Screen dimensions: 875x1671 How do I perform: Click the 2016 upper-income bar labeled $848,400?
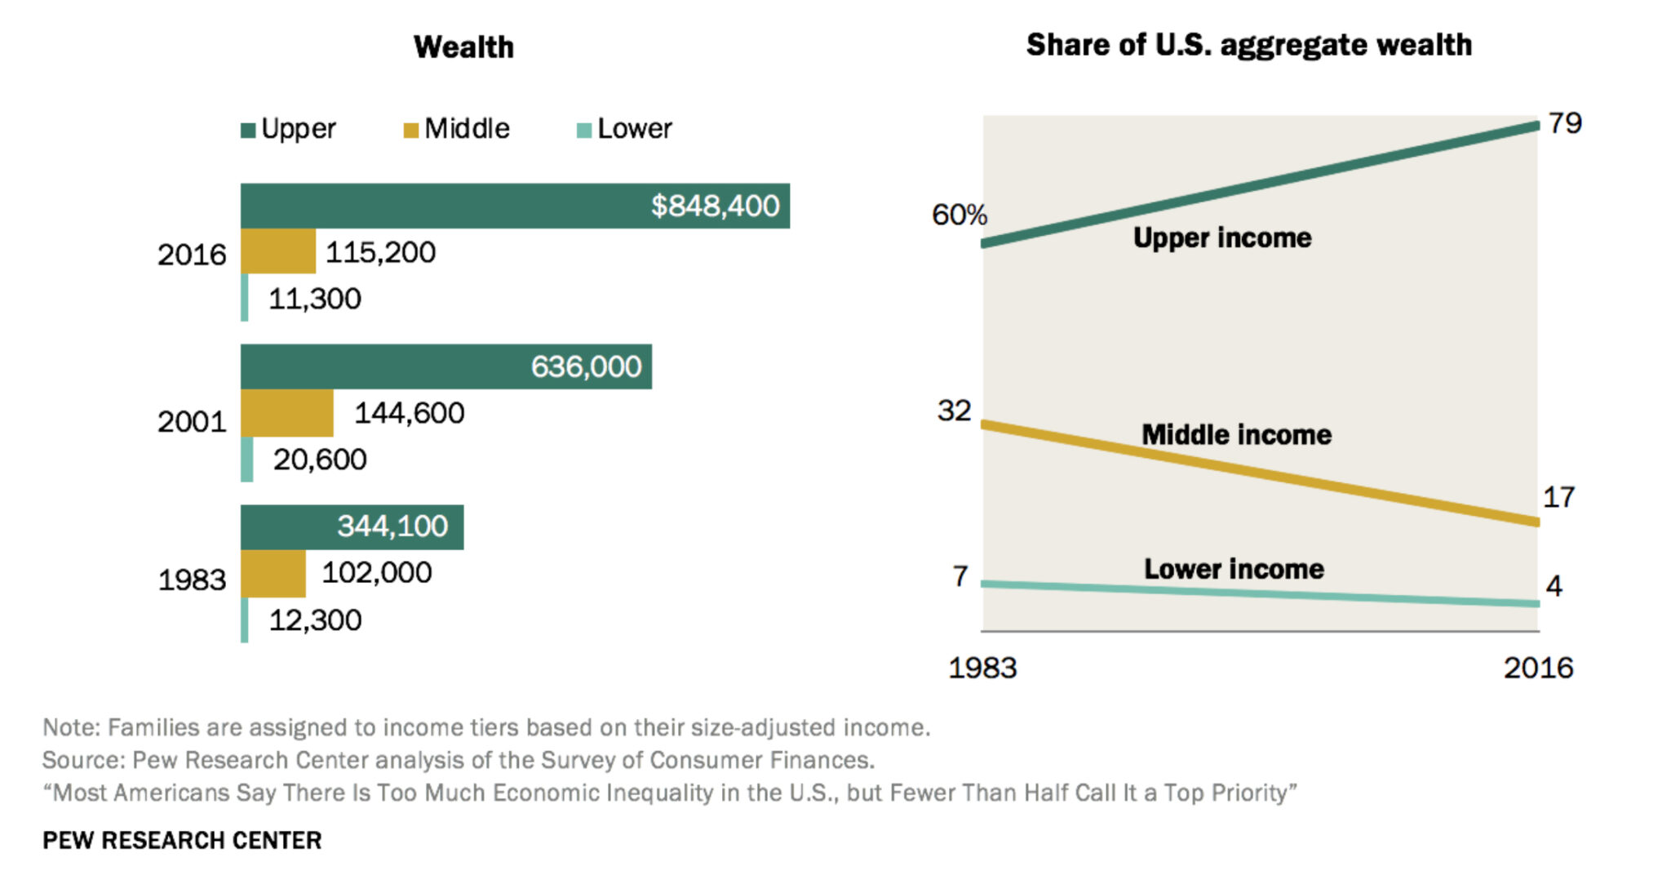[x=514, y=206]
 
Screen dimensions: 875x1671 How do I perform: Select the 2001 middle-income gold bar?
[x=286, y=413]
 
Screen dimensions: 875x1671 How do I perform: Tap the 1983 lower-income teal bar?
[x=245, y=620]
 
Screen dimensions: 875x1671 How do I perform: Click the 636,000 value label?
[x=586, y=366]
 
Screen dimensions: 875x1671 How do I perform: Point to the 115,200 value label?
[x=380, y=252]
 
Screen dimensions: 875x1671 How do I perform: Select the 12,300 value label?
[x=315, y=620]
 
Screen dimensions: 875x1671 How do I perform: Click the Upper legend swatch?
[x=248, y=130]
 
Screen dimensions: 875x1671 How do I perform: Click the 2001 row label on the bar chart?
[x=191, y=422]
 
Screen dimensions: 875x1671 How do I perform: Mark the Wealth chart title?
[x=463, y=47]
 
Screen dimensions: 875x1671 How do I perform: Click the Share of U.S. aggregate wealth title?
[x=1248, y=45]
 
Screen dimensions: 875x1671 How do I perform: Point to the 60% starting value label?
[x=959, y=215]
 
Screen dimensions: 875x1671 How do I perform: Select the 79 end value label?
[x=1565, y=123]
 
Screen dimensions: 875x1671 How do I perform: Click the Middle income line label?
[x=1236, y=435]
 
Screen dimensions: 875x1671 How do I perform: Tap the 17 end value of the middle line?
[x=1558, y=497]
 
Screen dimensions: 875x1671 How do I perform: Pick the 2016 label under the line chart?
[x=1538, y=668]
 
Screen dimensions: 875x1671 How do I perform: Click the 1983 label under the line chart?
[x=982, y=668]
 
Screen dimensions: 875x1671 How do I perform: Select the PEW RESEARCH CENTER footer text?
[x=182, y=841]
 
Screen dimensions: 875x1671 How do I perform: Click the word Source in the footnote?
[x=82, y=761]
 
